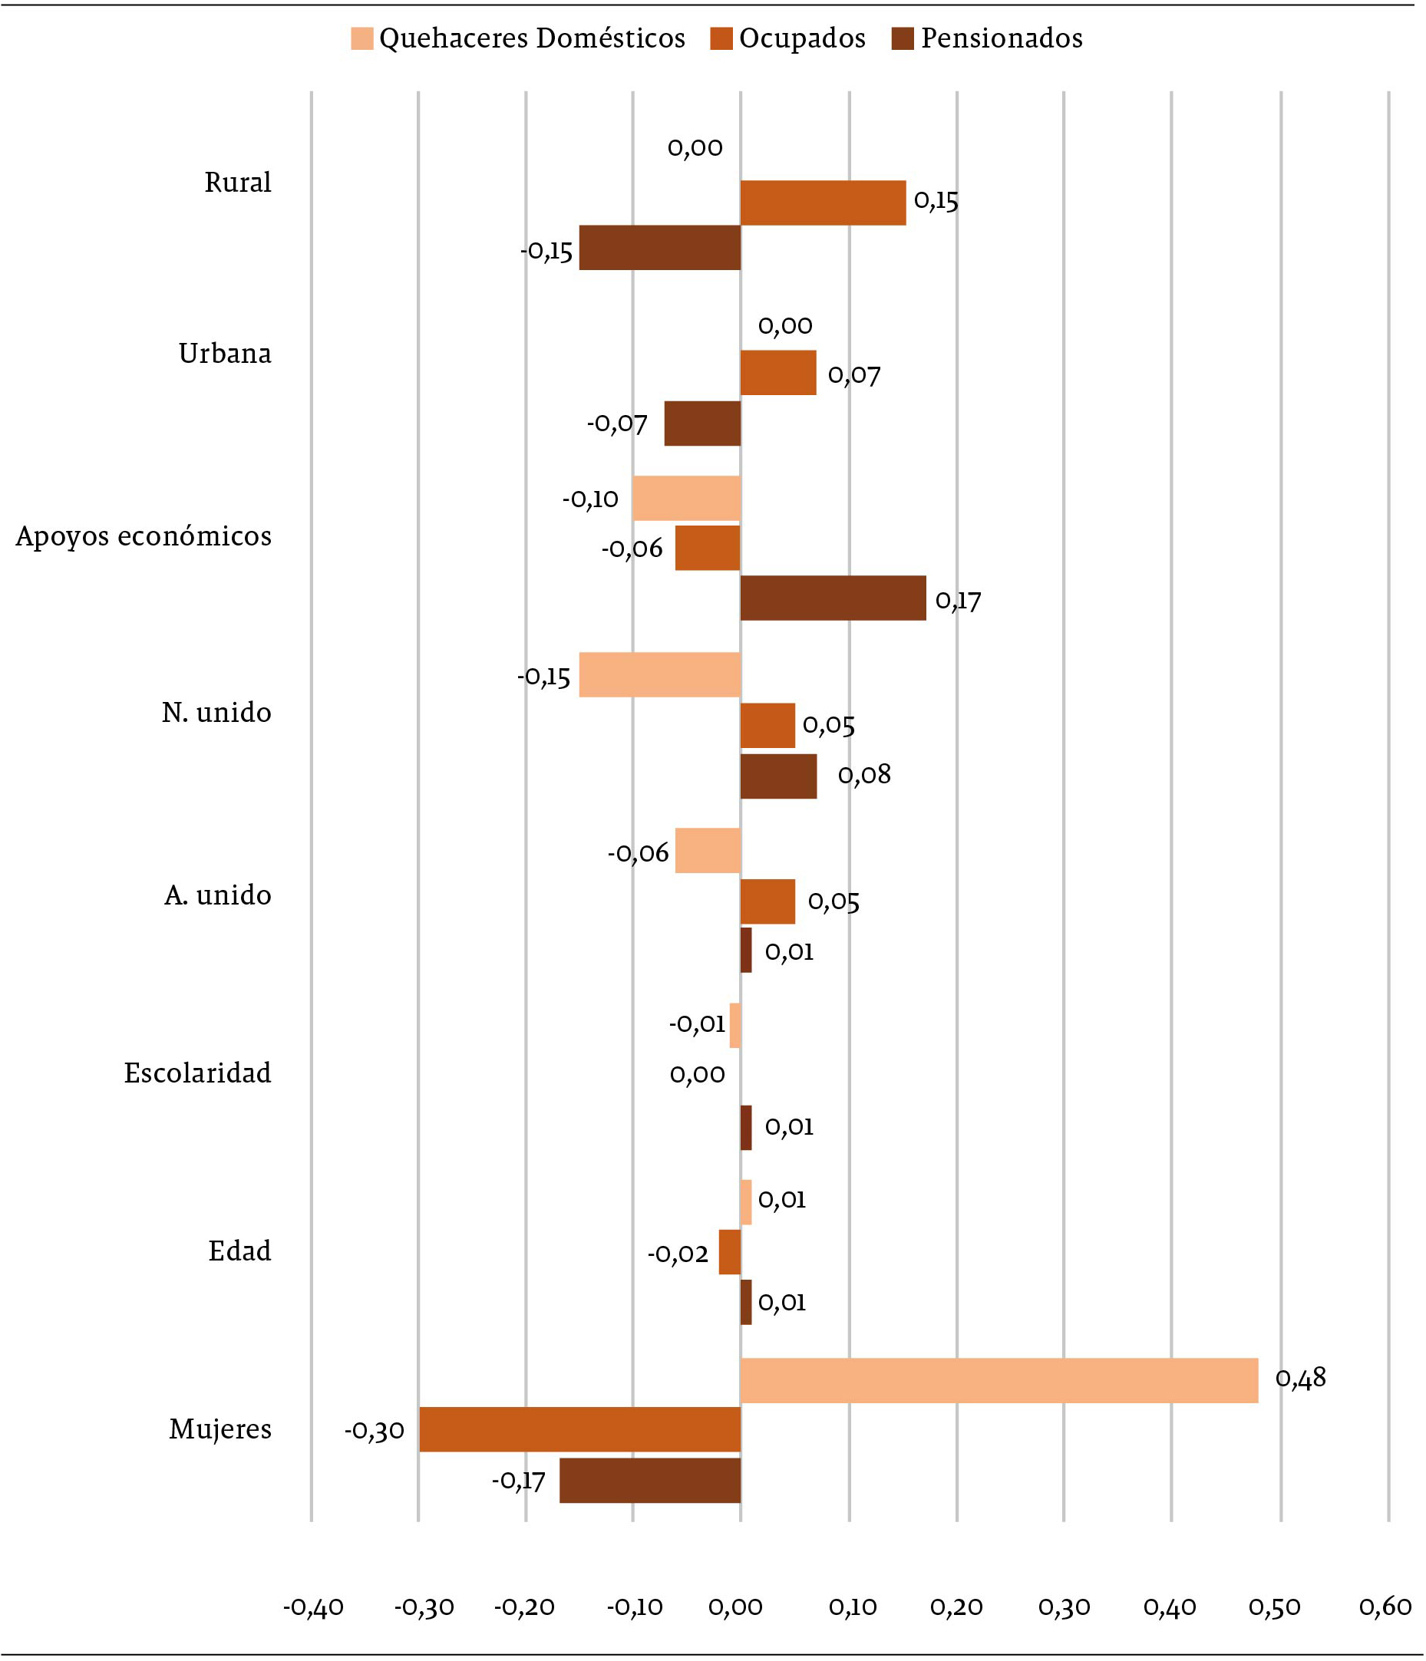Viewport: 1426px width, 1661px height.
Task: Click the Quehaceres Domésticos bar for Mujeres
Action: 999,1380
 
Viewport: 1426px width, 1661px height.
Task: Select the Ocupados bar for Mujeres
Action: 579,1429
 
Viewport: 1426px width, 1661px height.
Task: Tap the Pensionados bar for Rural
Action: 659,248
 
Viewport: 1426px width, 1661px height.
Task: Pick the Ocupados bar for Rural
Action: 823,203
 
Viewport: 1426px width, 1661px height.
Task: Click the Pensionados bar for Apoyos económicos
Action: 833,598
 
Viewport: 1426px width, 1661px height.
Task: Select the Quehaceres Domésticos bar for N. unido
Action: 659,675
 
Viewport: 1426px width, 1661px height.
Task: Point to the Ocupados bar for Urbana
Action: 778,373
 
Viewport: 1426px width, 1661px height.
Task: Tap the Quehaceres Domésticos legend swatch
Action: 362,38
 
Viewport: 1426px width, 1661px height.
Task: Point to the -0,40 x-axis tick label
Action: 313,1607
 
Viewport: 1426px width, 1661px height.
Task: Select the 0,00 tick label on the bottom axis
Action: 736,1607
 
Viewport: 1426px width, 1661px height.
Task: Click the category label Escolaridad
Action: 197,1073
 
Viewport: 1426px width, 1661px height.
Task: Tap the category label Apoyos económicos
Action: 144,536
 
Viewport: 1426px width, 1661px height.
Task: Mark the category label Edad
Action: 239,1251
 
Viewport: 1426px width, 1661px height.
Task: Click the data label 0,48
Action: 1300,1378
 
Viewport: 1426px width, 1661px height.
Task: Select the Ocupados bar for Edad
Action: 729,1252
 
